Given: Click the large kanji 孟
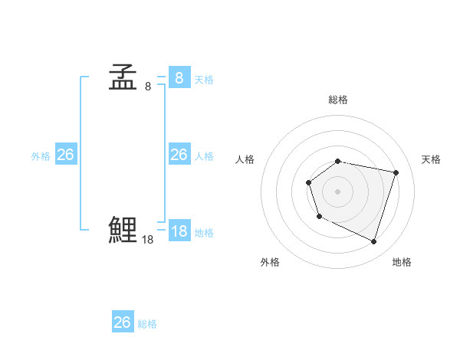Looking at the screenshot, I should (x=123, y=78).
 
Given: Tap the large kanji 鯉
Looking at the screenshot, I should (x=123, y=230).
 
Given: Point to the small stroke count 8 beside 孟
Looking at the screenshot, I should (x=148, y=87).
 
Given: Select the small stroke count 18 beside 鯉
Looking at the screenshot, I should (x=148, y=240).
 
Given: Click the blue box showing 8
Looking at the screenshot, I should (x=179, y=77).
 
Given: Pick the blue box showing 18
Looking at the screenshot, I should (x=179, y=231).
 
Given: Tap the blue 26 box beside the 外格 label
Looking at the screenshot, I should (x=65, y=155).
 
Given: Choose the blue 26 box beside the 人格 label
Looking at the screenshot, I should (x=179, y=155).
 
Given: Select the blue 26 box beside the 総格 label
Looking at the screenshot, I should (x=123, y=322).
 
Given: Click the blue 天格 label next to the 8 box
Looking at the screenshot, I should (x=204, y=80).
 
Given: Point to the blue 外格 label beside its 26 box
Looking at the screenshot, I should (x=41, y=156).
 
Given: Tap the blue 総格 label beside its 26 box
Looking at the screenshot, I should (x=147, y=324).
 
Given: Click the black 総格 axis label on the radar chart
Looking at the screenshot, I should (x=338, y=100).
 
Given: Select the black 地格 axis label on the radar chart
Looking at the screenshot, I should (x=402, y=262).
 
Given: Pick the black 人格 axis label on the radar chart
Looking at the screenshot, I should (x=245, y=159).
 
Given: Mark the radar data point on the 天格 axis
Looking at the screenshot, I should (x=396, y=172).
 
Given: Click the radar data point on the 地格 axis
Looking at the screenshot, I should (x=374, y=241).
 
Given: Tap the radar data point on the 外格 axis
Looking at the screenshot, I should (x=319, y=217).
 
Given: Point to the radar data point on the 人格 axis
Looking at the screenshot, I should (x=308, y=182).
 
